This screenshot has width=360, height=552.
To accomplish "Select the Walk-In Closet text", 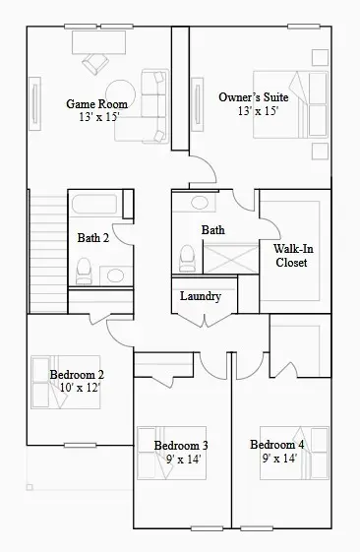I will point(291,255).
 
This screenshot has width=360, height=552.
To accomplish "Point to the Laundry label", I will point(201,296).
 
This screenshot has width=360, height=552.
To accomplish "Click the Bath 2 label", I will point(93,237).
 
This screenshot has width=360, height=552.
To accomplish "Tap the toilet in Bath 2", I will point(84,269).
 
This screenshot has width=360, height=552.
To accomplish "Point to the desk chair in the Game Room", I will point(96,63).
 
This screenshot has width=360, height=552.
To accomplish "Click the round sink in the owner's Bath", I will point(200,204).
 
